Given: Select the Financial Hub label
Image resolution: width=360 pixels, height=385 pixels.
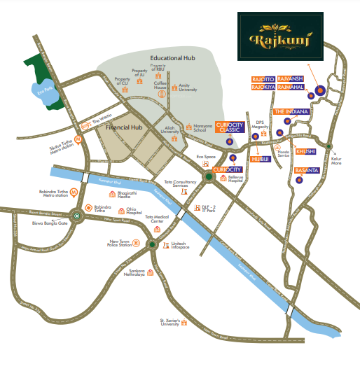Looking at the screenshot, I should click(124, 128).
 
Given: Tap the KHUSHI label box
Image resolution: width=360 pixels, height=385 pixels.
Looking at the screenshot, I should click(306, 151).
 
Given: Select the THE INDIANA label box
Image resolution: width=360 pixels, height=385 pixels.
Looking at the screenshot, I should click(291, 112).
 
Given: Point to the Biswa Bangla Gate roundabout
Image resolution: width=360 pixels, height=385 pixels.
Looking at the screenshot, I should click(77, 216).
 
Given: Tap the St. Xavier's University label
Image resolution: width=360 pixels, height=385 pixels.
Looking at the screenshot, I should click(171, 323).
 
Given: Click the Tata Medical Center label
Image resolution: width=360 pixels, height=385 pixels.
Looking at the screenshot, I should click(157, 218).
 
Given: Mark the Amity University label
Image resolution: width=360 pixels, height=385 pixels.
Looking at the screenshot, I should click(188, 87).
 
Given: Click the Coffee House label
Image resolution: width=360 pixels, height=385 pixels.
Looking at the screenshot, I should click(160, 85).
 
